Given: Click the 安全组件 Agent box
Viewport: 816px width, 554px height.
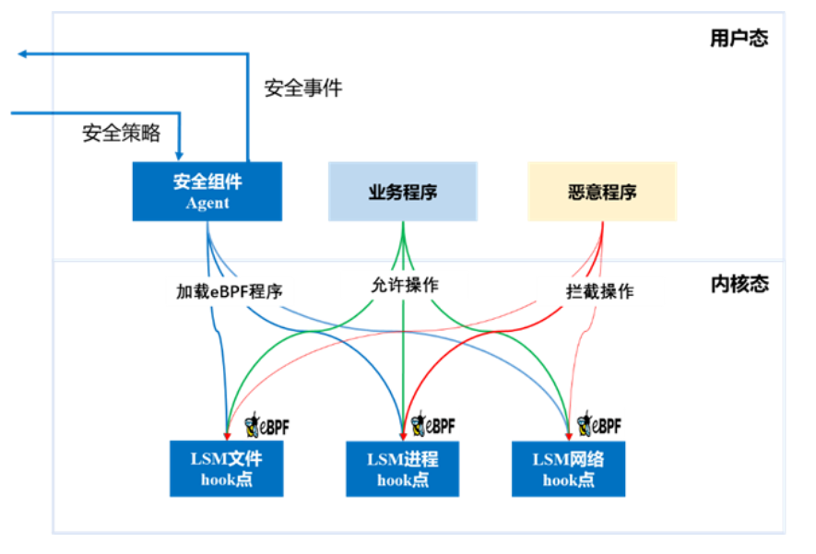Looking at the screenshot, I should click(207, 191).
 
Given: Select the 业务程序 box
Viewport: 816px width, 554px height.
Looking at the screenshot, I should click(403, 192).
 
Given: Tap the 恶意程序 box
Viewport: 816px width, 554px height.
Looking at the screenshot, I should click(602, 192).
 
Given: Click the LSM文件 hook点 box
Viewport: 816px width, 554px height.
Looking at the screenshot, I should click(226, 468).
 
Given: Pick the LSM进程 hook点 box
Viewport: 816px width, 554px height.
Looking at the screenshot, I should click(403, 468).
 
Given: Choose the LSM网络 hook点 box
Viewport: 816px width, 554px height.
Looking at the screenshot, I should click(568, 468).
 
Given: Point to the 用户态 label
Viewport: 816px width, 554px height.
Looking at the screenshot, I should click(739, 39).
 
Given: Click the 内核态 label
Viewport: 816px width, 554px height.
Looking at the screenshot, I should click(739, 284).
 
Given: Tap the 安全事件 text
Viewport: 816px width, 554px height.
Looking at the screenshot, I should click(303, 88).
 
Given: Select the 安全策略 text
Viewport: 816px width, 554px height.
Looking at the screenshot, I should click(122, 133).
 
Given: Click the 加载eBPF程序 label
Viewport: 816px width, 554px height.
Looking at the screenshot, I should click(230, 291).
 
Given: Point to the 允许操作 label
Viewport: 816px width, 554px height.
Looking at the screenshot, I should click(403, 285).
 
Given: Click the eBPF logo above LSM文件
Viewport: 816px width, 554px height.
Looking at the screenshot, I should click(266, 425).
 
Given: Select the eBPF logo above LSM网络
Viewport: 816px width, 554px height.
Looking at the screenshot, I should click(598, 425).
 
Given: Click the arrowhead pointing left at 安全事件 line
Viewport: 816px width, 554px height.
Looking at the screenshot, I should click(23, 54).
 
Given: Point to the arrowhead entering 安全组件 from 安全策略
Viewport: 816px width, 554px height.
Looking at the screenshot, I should click(181, 155).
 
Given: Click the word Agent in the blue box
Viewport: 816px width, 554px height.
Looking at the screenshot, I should click(207, 203).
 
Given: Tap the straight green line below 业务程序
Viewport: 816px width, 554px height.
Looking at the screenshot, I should click(403, 369).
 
